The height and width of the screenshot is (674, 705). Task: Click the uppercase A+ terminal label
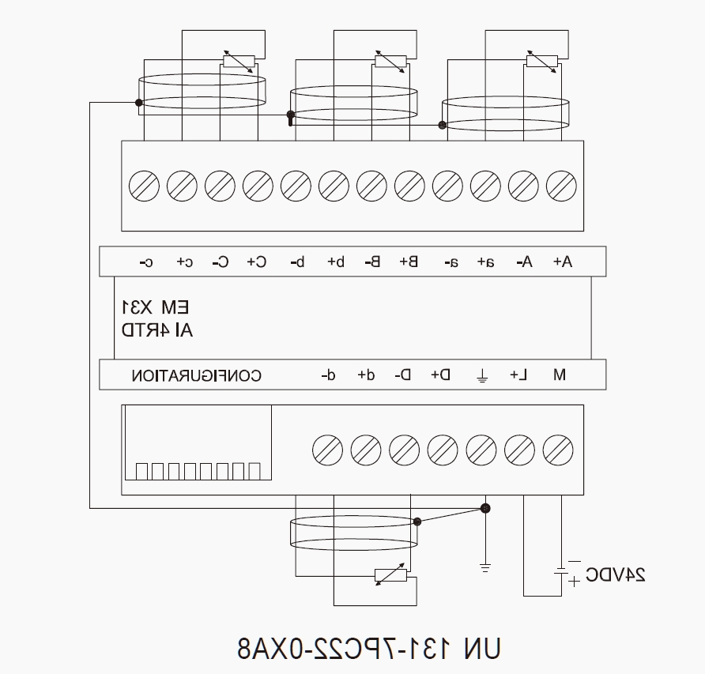click(x=563, y=262)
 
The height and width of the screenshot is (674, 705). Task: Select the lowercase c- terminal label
click(x=146, y=262)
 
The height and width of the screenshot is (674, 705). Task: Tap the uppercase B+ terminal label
click(x=409, y=262)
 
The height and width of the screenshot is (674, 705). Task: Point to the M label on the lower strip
click(x=560, y=374)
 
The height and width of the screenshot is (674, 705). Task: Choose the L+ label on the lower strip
click(x=518, y=374)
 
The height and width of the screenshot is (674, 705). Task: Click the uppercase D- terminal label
click(x=403, y=374)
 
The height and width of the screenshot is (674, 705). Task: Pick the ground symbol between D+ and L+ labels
click(x=481, y=375)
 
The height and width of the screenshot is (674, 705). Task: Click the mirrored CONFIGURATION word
click(x=197, y=375)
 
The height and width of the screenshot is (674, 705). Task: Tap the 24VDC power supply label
click(x=616, y=574)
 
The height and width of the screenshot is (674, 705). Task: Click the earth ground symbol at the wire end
click(x=485, y=568)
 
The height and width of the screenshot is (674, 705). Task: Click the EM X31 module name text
click(x=156, y=307)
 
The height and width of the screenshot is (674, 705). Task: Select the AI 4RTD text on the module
click(x=157, y=330)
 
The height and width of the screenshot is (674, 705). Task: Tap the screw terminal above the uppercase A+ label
click(x=562, y=186)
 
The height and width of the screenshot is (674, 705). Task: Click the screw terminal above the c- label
click(x=144, y=186)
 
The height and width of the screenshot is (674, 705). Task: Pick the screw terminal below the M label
click(x=558, y=450)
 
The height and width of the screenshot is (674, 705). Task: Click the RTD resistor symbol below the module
click(x=390, y=575)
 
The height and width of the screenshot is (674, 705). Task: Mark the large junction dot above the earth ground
click(x=485, y=509)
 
